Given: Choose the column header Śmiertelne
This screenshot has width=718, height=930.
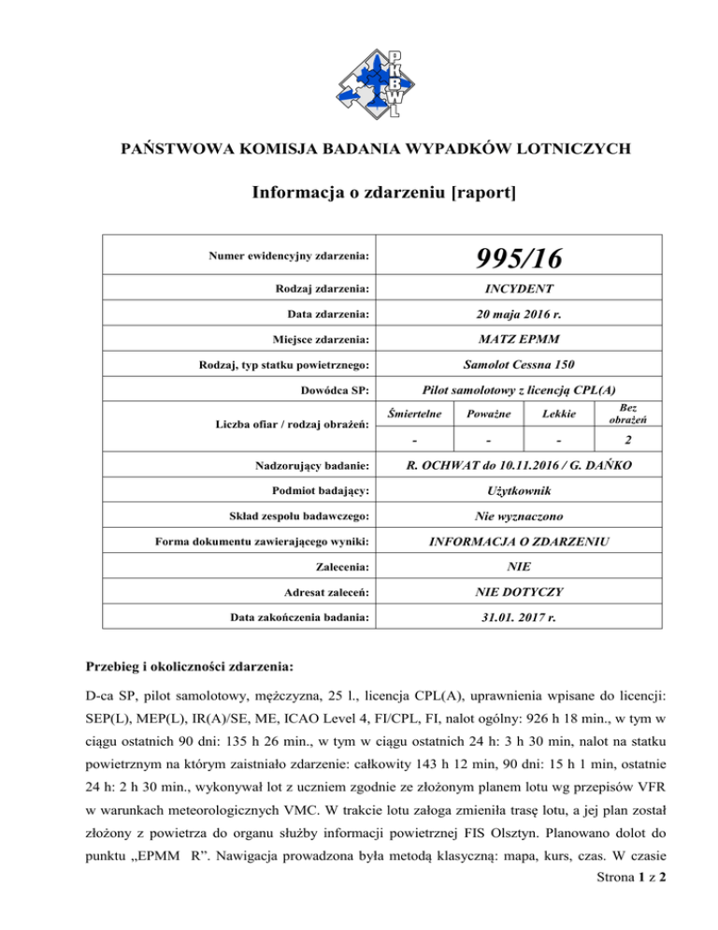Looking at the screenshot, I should pyautogui.click(x=421, y=413).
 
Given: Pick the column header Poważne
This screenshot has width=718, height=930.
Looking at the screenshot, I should pyautogui.click(x=488, y=413).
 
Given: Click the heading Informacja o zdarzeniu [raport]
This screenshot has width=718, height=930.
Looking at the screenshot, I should pyautogui.click(x=359, y=194).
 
